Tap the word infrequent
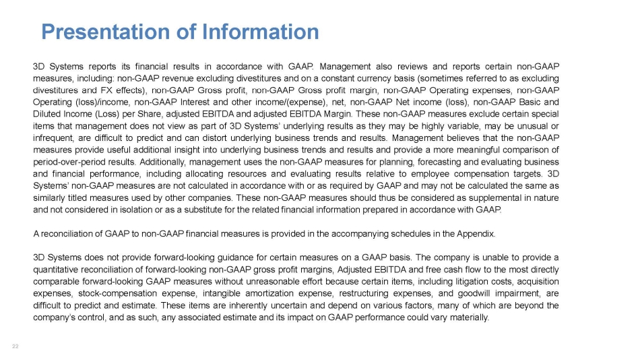53,138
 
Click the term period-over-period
70,162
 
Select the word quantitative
56,270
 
